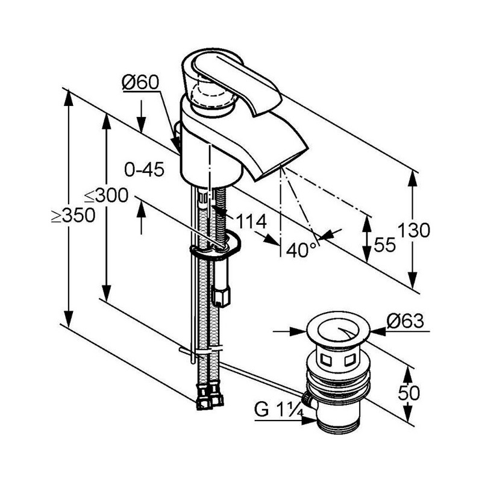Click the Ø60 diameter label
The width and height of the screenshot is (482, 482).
140,83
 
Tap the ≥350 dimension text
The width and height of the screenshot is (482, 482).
73,215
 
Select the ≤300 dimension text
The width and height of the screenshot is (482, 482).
106,195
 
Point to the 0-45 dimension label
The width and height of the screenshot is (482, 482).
144,169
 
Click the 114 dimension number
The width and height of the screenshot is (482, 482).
251,221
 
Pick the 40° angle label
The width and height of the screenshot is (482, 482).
301,249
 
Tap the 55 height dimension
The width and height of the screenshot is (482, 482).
384,245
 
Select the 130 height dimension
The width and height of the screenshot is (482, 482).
414,230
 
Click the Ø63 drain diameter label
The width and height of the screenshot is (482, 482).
405,321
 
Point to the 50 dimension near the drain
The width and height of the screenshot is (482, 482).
409,393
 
